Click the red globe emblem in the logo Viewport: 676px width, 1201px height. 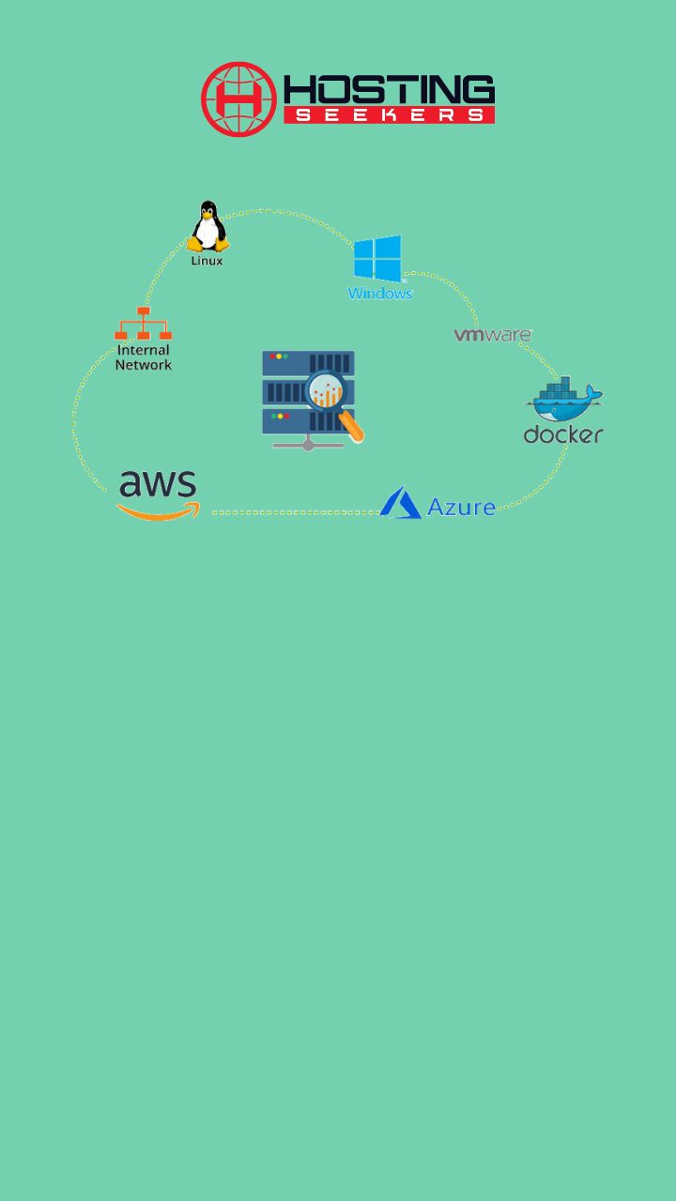click(x=238, y=99)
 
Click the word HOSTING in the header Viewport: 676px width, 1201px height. click(x=389, y=89)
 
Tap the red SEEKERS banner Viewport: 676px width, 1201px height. click(x=389, y=114)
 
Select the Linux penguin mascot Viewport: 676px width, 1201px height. click(x=208, y=226)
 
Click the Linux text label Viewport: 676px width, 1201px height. click(x=207, y=261)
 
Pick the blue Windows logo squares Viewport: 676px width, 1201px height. click(x=377, y=258)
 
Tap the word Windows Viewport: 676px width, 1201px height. click(x=380, y=294)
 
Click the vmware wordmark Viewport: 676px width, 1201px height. click(x=493, y=335)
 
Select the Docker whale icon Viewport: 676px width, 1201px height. click(x=565, y=400)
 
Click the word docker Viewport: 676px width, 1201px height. click(x=563, y=434)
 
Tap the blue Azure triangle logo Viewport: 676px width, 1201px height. click(x=400, y=502)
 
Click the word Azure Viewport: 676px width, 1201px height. click(x=461, y=508)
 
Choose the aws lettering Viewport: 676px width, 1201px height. click(x=158, y=483)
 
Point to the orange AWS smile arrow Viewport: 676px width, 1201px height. click(x=159, y=511)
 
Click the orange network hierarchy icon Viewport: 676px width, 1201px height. click(x=144, y=324)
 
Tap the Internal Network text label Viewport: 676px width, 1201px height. click(x=144, y=357)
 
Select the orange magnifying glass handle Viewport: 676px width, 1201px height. click(x=352, y=426)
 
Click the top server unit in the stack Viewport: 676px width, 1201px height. click(x=308, y=363)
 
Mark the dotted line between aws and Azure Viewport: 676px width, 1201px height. click(x=296, y=513)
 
